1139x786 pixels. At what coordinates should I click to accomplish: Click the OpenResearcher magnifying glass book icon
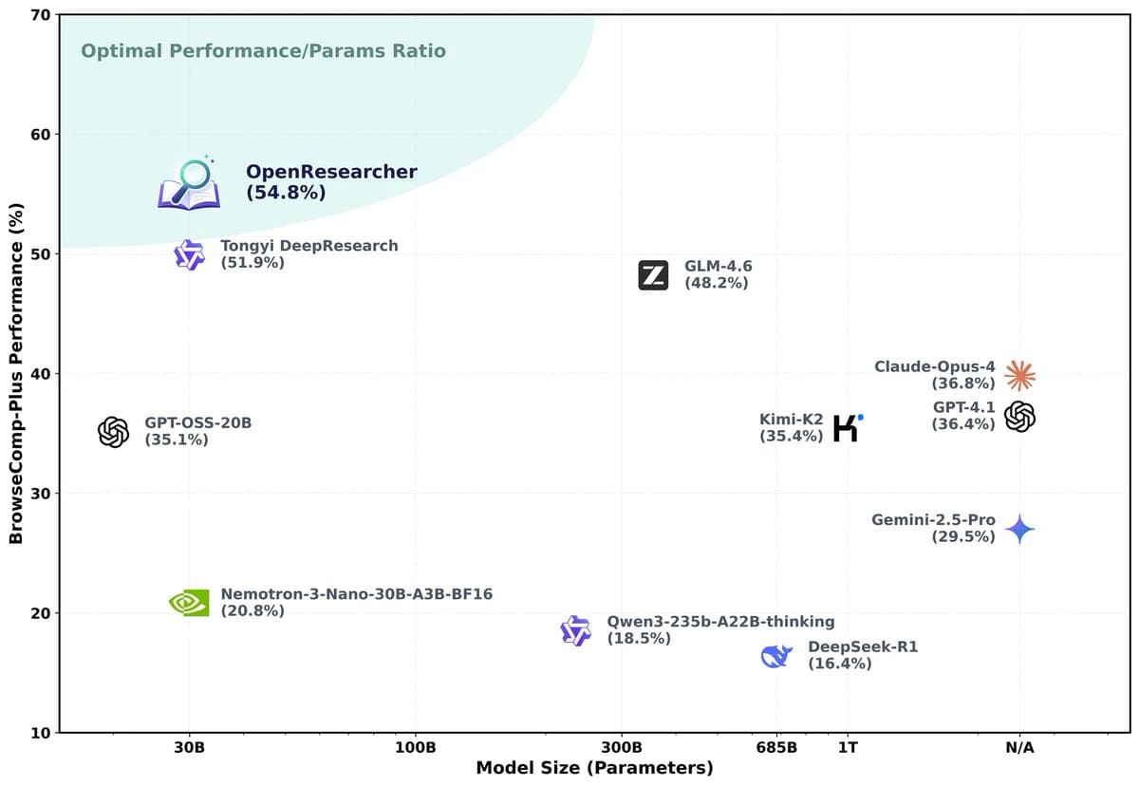click(x=189, y=183)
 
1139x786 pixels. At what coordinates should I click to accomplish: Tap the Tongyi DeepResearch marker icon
click(x=189, y=254)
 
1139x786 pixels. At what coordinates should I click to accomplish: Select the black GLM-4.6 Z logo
click(x=653, y=275)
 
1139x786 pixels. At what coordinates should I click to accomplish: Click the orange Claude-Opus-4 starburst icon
click(x=1019, y=375)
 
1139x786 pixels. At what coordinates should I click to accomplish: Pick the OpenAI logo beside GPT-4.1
click(x=1019, y=416)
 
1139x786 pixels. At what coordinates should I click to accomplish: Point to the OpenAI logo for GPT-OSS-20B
click(x=113, y=432)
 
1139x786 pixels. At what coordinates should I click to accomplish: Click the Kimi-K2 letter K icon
click(x=846, y=427)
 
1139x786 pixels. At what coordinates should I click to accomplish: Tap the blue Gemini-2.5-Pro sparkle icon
click(x=1019, y=529)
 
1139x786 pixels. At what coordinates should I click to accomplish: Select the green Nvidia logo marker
click(x=189, y=602)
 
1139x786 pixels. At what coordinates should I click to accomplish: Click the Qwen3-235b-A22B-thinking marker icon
click(x=575, y=630)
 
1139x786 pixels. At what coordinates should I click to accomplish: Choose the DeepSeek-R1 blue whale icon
click(x=776, y=655)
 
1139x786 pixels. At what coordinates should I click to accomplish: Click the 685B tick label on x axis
click(x=776, y=747)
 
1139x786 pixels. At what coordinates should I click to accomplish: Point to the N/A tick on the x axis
click(x=1019, y=747)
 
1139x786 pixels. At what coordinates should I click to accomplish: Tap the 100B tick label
click(x=416, y=747)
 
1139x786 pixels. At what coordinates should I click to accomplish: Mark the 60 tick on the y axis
click(x=39, y=134)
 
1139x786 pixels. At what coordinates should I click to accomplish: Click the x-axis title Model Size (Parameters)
click(x=594, y=767)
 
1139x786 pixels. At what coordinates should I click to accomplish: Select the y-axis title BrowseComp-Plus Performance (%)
click(x=16, y=373)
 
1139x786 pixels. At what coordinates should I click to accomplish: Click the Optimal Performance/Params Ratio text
click(x=263, y=50)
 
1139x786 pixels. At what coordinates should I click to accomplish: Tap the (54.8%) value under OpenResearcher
click(x=286, y=193)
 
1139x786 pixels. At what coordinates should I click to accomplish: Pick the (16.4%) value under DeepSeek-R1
click(x=839, y=664)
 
